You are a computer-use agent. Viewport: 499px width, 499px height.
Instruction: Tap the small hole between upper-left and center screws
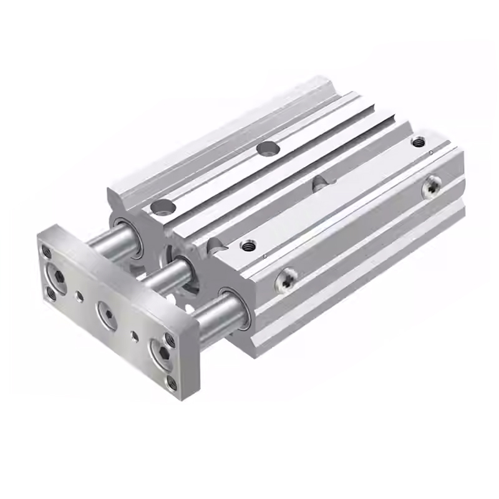point(79,296)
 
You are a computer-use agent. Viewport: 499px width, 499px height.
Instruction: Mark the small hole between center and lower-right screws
point(135,336)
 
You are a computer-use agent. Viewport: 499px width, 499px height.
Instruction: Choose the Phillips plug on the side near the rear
point(430,187)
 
